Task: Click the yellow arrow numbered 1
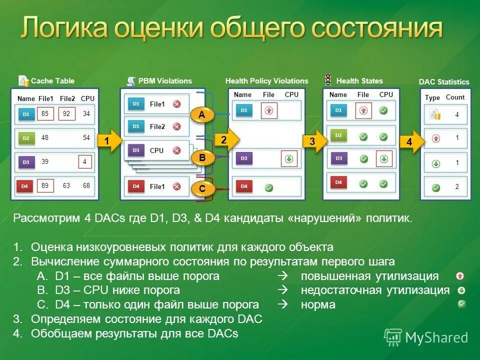click(x=108, y=141)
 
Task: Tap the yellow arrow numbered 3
click(x=313, y=141)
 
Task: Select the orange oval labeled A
click(x=202, y=115)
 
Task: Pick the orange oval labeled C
click(x=202, y=189)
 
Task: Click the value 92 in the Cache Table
click(x=66, y=114)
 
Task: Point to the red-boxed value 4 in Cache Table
click(x=85, y=162)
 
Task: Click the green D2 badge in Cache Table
click(x=26, y=138)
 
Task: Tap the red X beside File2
click(x=176, y=126)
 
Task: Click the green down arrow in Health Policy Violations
click(x=289, y=158)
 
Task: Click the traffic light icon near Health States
click(x=328, y=80)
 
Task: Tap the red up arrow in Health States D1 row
click(x=363, y=110)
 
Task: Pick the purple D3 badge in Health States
click(x=339, y=158)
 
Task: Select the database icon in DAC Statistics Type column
click(x=435, y=115)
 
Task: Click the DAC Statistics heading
click(x=444, y=82)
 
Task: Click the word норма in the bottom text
click(x=318, y=304)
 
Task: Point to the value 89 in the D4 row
click(x=45, y=186)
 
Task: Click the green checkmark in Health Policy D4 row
click(x=268, y=187)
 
